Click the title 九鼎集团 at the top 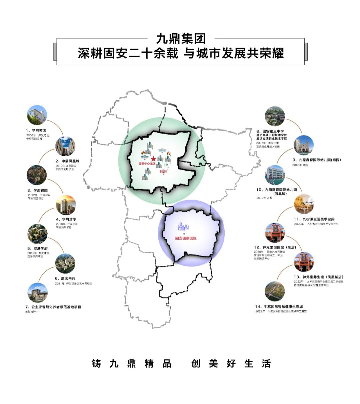(x=181, y=39)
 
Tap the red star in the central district (x=153, y=159)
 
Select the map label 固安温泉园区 (x=186, y=238)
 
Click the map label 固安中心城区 (x=147, y=164)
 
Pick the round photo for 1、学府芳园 (x=37, y=115)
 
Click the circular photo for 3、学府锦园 (x=37, y=175)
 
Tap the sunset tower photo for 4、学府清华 (x=66, y=205)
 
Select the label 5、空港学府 (x=37, y=248)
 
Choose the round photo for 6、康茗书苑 (x=65, y=263)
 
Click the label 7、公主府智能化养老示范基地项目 (x=53, y=307)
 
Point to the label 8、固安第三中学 (x=270, y=132)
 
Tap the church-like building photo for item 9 (x=304, y=145)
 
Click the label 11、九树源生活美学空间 (x=314, y=219)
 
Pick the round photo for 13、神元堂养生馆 (x=304, y=262)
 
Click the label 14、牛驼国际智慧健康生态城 (x=279, y=307)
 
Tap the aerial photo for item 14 (x=275, y=291)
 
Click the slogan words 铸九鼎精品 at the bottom (x=131, y=363)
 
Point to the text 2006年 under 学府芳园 (x=31, y=136)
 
